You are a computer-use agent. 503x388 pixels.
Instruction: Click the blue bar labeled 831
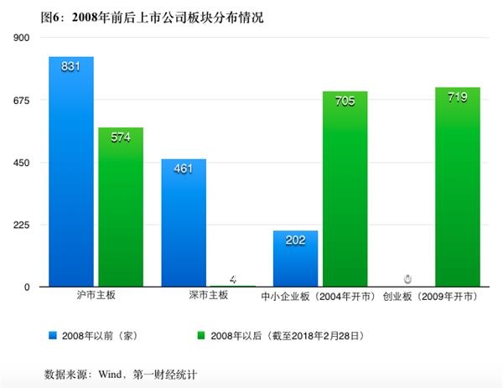71,172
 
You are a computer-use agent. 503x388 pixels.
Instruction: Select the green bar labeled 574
121,207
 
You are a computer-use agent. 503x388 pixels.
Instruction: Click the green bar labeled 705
345,189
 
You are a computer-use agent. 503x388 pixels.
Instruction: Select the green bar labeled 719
457,187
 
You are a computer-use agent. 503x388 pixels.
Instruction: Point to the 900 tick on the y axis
22,38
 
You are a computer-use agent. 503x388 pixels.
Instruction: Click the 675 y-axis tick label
22,101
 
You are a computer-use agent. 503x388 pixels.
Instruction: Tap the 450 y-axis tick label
22,163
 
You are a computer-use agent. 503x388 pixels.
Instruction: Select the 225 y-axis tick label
22,225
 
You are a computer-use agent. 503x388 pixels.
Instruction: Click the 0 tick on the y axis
27,287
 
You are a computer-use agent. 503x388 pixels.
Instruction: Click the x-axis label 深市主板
207,297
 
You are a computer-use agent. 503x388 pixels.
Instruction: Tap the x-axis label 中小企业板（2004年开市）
319,297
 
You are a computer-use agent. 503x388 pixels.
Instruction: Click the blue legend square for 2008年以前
54,335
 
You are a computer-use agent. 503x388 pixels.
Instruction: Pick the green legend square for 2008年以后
200,335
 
